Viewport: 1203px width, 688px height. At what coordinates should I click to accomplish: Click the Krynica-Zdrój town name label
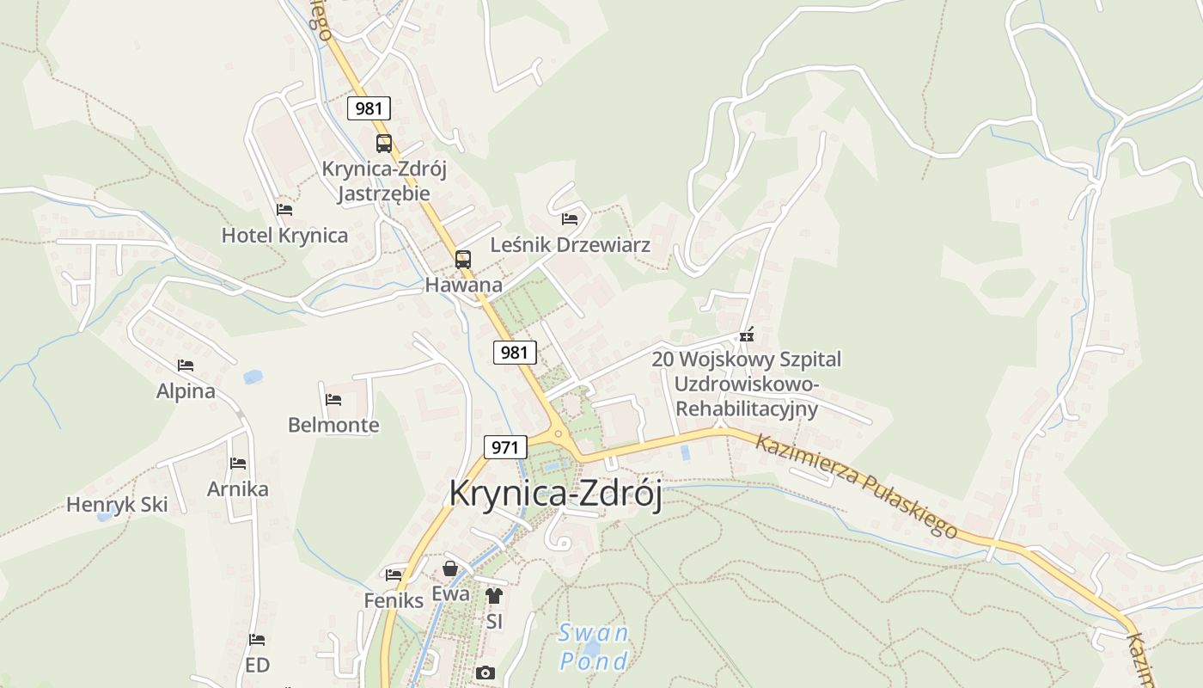click(555, 494)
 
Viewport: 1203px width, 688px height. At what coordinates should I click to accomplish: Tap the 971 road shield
click(505, 447)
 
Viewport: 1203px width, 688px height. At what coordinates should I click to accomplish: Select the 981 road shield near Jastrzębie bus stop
click(369, 108)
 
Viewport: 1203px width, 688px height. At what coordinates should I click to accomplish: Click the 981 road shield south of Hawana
click(515, 352)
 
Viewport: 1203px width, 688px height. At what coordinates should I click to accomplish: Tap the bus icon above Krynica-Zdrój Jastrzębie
click(383, 144)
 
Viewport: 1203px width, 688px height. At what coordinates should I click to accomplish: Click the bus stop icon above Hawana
click(463, 259)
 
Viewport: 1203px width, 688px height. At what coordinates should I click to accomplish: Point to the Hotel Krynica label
click(284, 236)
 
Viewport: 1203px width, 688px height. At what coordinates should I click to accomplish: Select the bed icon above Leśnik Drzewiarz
click(570, 218)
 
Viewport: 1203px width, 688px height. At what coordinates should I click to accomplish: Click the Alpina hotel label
click(186, 392)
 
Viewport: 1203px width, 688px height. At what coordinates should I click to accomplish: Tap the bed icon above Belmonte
click(333, 399)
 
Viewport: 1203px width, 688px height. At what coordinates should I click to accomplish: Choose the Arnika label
click(238, 489)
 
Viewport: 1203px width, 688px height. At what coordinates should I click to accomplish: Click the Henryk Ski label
click(117, 505)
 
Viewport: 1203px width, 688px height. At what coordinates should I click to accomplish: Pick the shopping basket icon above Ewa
click(450, 568)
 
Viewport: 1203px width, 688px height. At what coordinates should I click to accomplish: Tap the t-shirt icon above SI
click(493, 595)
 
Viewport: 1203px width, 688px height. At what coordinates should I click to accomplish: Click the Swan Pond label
click(593, 647)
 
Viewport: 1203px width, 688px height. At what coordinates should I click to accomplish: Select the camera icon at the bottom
click(485, 673)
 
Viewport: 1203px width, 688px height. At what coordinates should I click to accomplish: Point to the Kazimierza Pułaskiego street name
click(857, 486)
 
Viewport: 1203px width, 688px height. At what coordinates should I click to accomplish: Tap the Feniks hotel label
click(394, 600)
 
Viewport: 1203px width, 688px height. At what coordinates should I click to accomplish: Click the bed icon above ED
click(257, 640)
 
